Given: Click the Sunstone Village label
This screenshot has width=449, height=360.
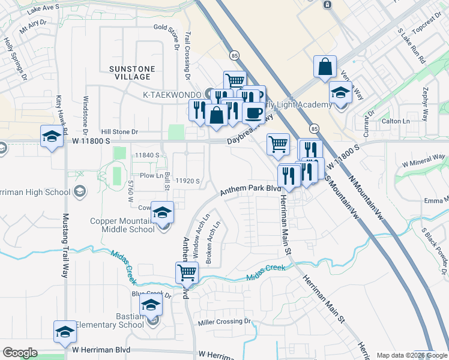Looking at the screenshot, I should (131, 73).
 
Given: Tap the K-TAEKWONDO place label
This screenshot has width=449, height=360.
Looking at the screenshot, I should (172, 94).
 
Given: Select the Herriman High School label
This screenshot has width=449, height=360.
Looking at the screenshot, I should (37, 191).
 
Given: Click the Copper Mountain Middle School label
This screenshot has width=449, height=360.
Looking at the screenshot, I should (122, 225).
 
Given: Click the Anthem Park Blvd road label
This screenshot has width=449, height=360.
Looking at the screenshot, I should (250, 190).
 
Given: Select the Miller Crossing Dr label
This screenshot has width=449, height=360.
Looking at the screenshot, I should (224, 322).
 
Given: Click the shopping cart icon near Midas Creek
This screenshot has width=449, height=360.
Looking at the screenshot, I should (187, 272).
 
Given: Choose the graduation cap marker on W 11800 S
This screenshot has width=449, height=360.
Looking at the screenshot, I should (52, 136).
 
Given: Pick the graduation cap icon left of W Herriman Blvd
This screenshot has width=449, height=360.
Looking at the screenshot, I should (65, 331).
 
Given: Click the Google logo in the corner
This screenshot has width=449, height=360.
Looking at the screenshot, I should (20, 353).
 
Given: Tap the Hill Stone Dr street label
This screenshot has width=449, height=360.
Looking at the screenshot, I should (119, 131).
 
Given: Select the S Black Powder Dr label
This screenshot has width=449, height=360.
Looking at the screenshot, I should (435, 244).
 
